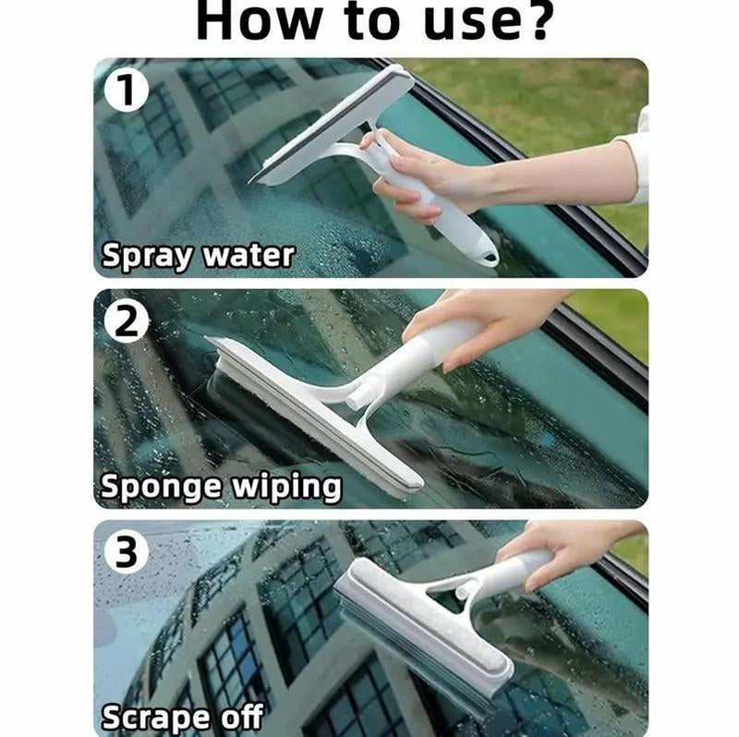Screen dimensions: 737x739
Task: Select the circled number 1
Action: click(123, 90)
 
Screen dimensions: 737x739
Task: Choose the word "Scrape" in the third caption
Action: click(152, 716)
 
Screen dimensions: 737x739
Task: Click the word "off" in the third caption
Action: click(238, 716)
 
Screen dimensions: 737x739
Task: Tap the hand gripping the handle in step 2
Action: click(490, 319)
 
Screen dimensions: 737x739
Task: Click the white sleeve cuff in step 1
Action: click(636, 157)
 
